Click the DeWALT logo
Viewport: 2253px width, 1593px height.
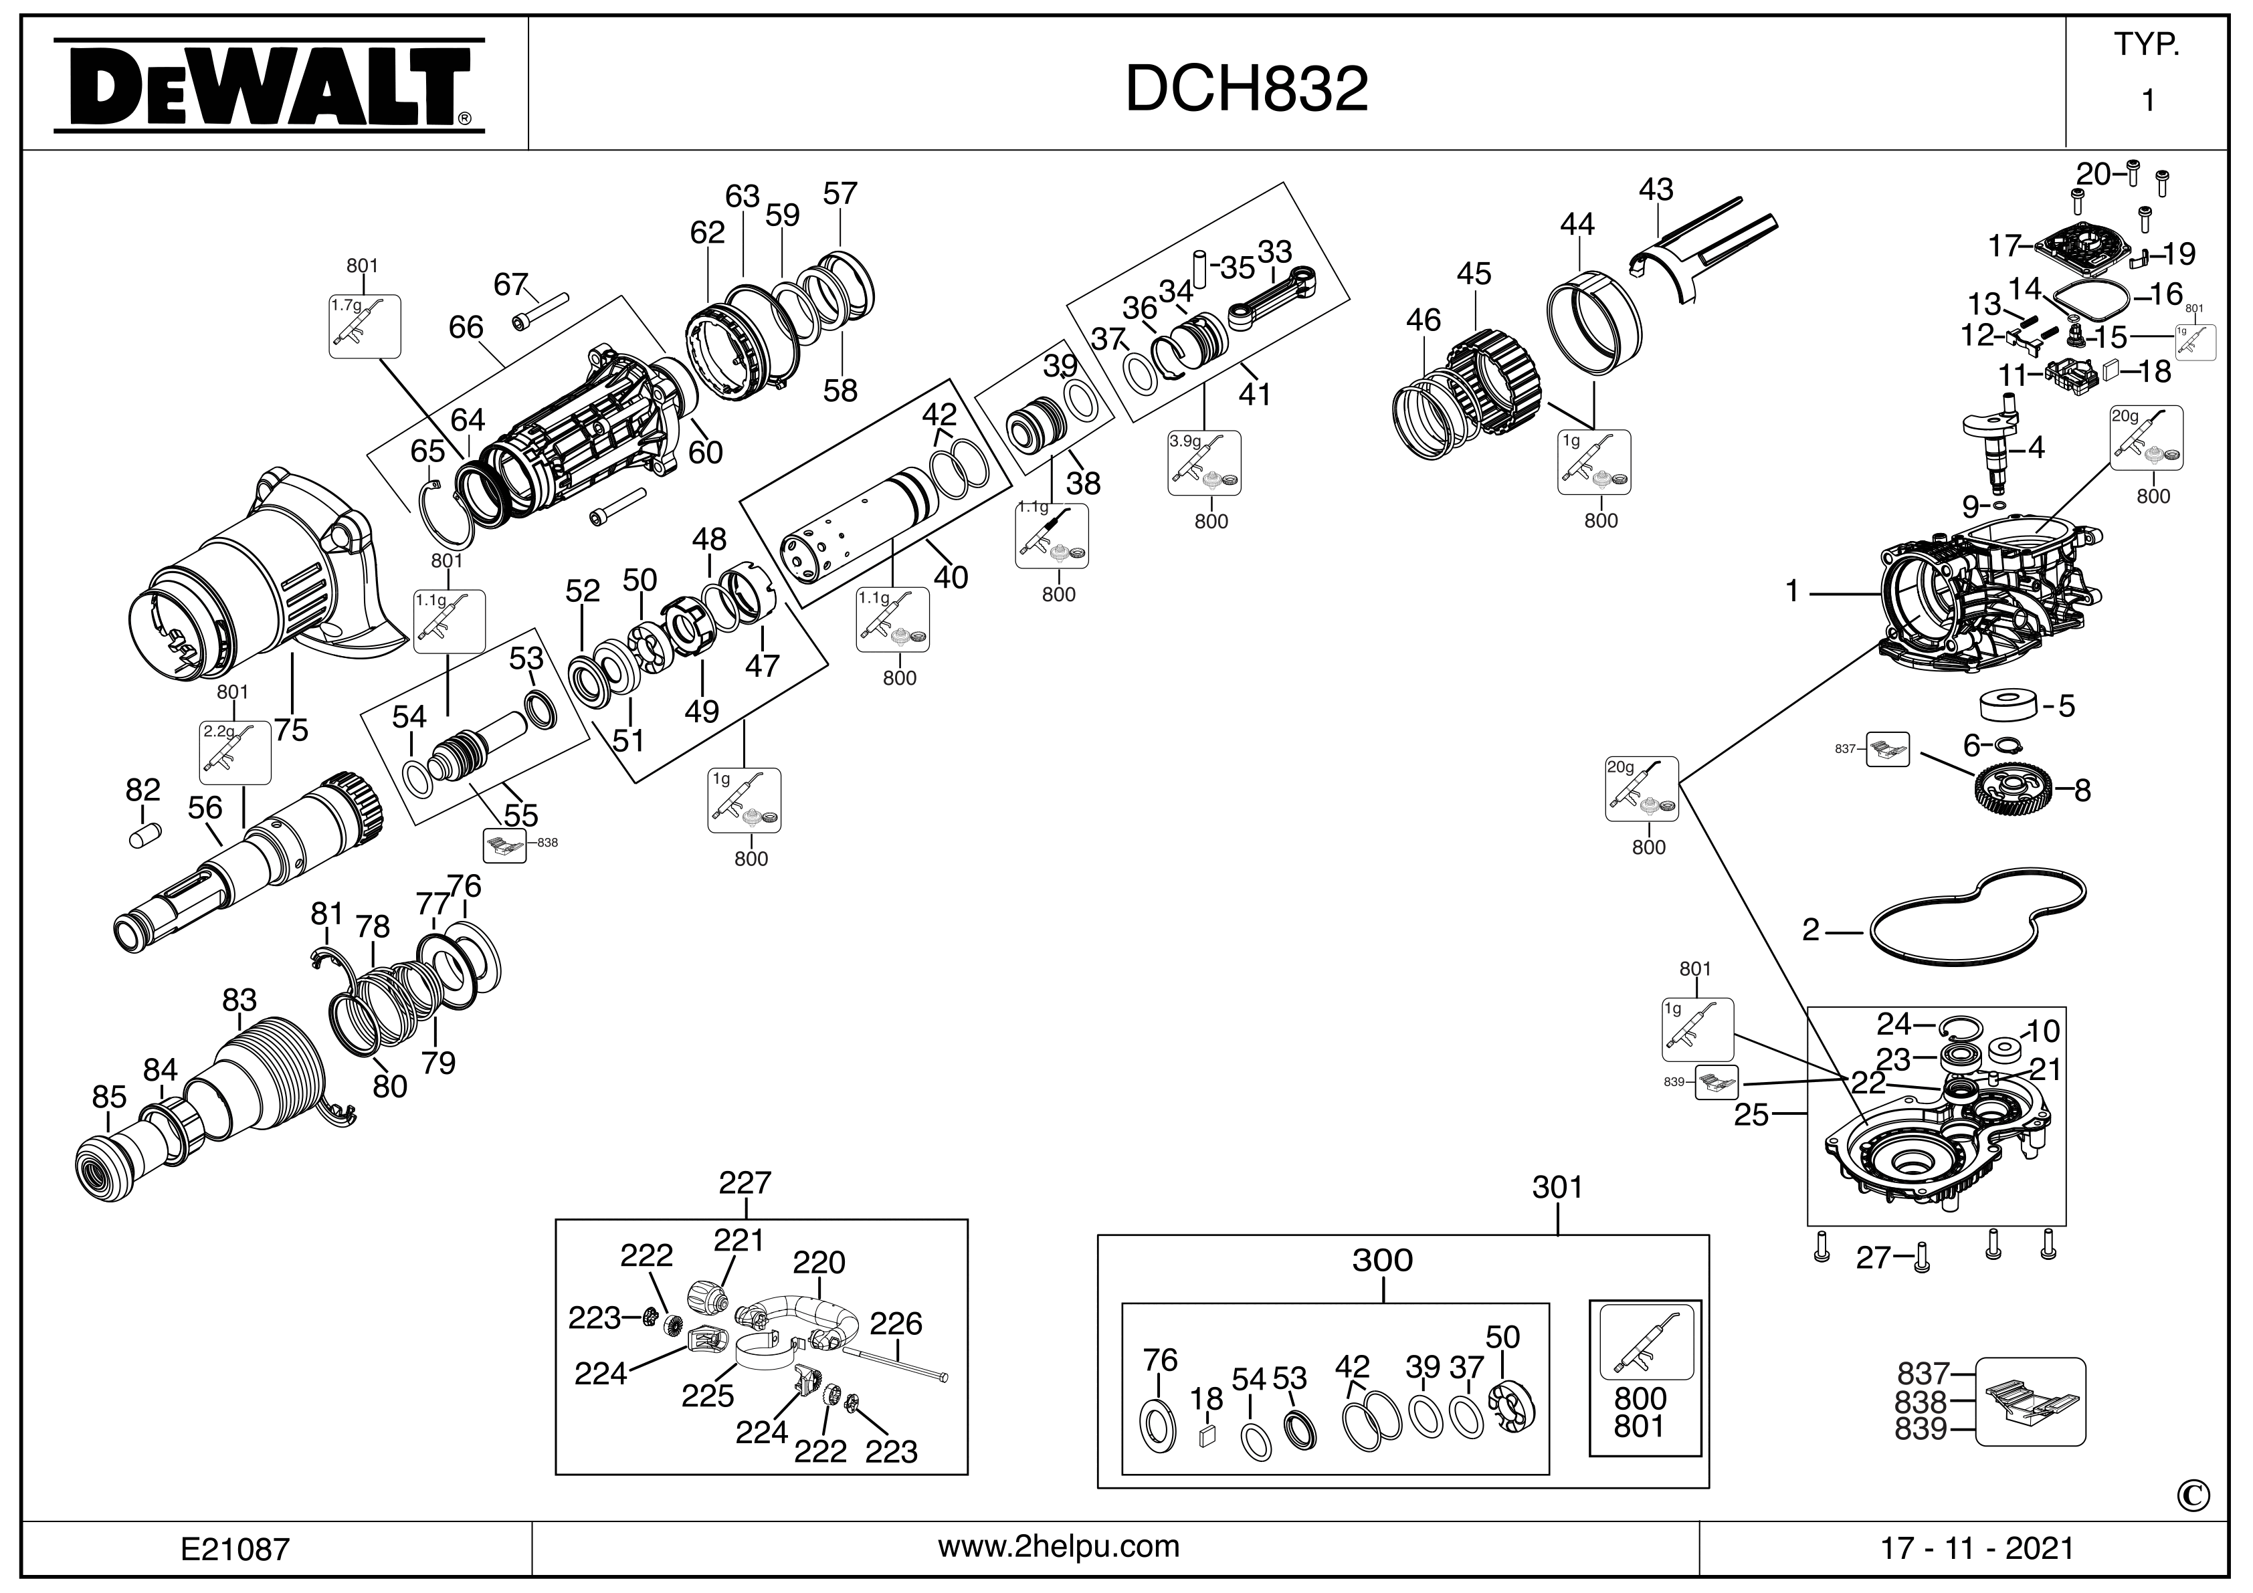coord(268,86)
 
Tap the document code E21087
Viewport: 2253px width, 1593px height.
coord(235,1549)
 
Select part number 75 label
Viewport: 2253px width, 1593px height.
coord(292,730)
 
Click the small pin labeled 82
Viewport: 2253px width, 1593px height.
coord(143,836)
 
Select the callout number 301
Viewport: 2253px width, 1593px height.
coord(1557,1187)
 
